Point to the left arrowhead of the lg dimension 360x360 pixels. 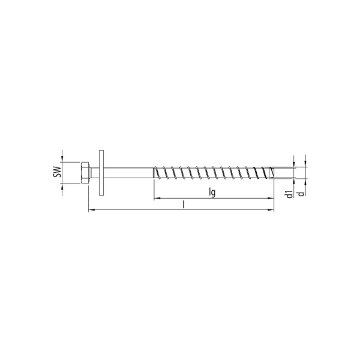pyautogui.click(x=157, y=198)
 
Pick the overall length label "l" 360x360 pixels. pyautogui.click(x=183, y=204)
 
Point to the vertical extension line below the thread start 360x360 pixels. pyautogui.click(x=154, y=189)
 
